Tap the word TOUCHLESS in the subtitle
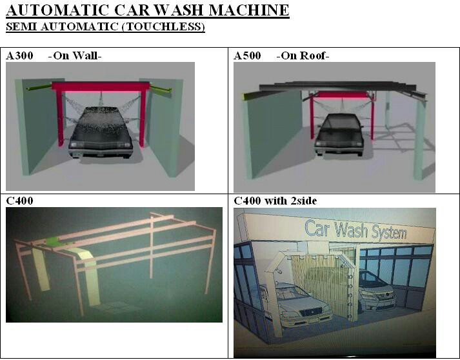tap(163, 26)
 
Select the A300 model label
tap(19, 55)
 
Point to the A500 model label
tap(247, 55)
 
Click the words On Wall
tap(75, 55)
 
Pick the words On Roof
tap(303, 55)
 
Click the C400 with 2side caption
tap(275, 201)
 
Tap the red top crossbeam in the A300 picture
tap(101, 87)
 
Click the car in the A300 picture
tap(101, 133)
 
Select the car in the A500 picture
tap(339, 134)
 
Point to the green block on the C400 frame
tap(54, 242)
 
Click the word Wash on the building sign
tap(351, 230)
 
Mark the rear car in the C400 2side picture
tap(376, 290)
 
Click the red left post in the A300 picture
tap(60, 118)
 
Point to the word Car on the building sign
tap(317, 228)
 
